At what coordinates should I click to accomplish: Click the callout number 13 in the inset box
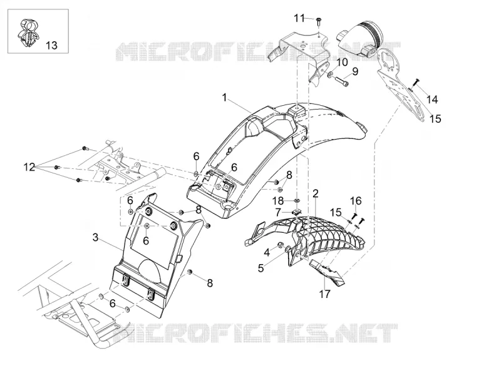point(51,45)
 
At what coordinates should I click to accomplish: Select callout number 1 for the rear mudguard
point(225,97)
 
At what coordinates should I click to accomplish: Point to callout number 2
point(316,193)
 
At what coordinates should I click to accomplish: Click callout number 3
point(95,238)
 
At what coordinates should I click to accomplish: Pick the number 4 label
point(267,253)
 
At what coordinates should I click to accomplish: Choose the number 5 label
point(261,268)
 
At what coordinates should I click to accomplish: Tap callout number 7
point(278,212)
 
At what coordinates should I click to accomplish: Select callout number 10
point(341,62)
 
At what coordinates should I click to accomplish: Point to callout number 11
point(299,18)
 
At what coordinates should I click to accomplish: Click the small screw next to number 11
point(319,21)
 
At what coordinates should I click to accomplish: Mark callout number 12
point(29,166)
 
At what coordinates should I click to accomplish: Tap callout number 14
point(431,100)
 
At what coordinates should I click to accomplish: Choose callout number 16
point(356,201)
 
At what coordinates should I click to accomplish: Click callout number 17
point(324,294)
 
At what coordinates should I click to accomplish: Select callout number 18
point(277,201)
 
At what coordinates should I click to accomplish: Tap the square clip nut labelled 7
point(297,212)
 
